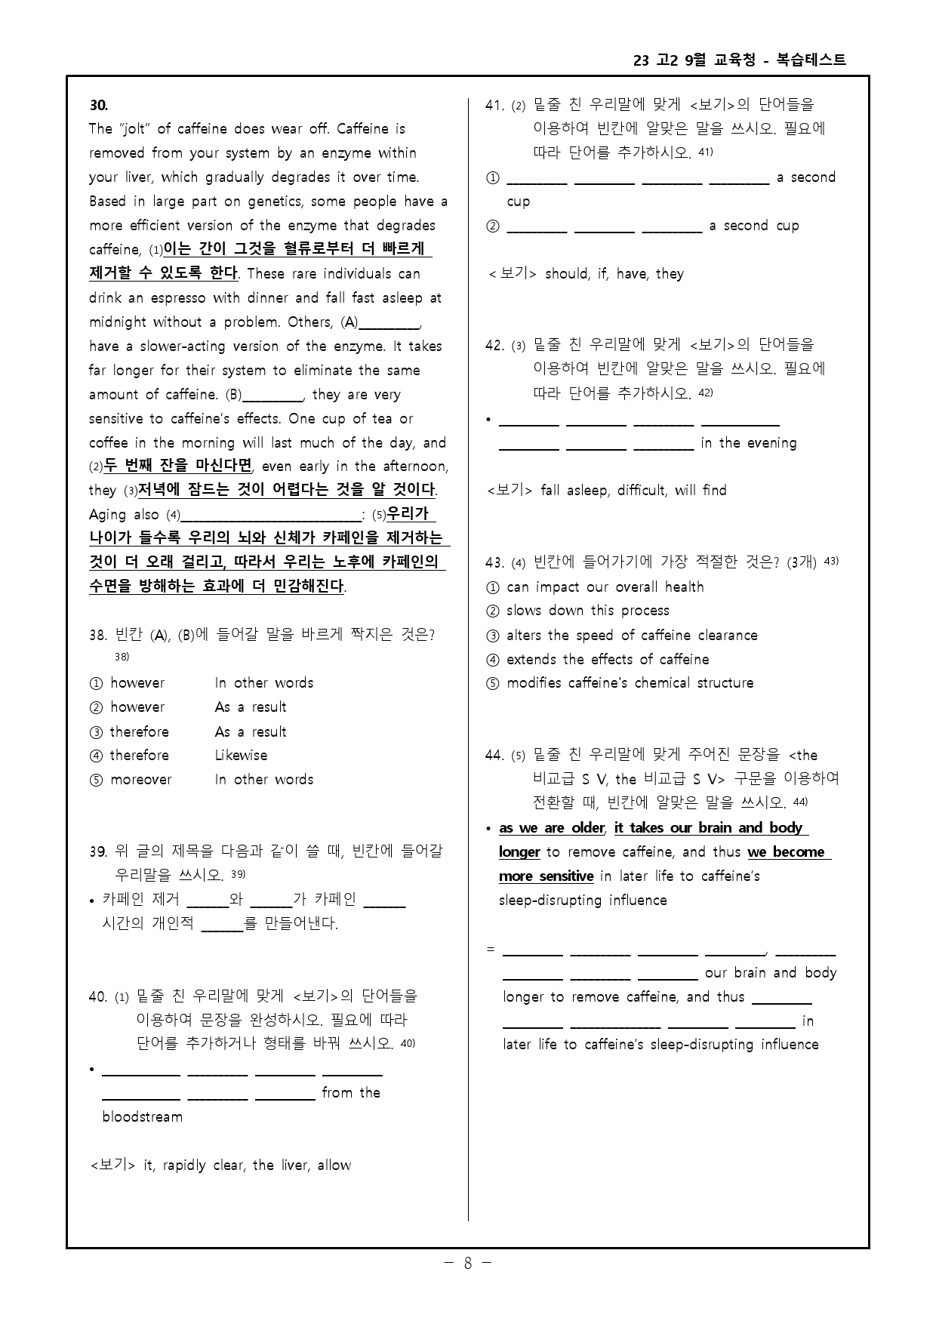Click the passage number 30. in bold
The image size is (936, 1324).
(x=99, y=105)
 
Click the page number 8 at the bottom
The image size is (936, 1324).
(x=468, y=1263)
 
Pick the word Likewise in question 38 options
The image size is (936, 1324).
(x=241, y=756)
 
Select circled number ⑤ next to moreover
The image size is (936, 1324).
(x=96, y=780)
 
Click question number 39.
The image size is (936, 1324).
(x=98, y=851)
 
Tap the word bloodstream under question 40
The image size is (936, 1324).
(x=143, y=1117)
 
